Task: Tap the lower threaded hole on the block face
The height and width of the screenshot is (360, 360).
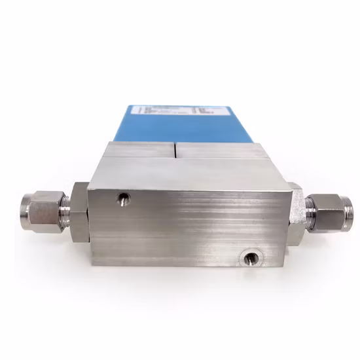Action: (249, 258)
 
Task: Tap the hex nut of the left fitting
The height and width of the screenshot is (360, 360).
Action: (44, 210)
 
